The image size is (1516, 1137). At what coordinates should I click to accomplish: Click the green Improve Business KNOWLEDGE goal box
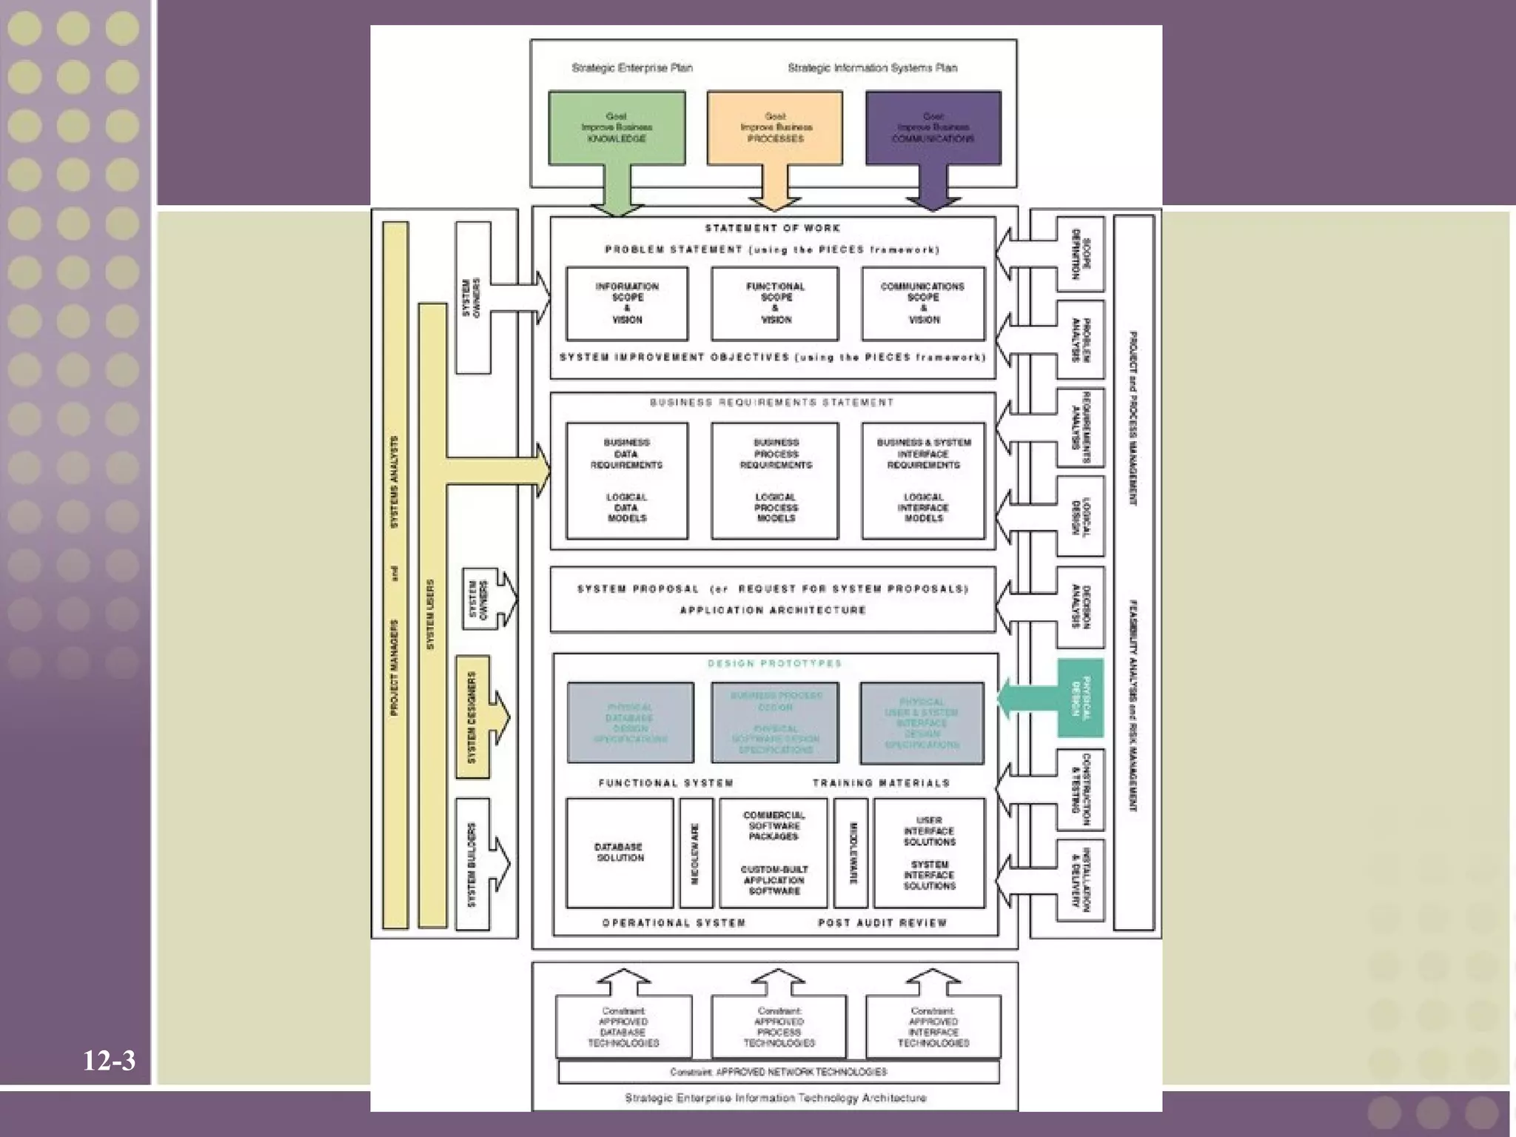pyautogui.click(x=617, y=127)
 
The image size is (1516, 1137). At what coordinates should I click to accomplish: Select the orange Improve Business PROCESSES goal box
pyautogui.click(x=775, y=127)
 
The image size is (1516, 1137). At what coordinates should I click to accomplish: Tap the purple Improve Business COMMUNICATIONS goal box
pyautogui.click(x=933, y=127)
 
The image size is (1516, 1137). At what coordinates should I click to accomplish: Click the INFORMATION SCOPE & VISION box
pyautogui.click(x=627, y=303)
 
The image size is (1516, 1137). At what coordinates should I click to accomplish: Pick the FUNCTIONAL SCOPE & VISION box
pyautogui.click(x=775, y=303)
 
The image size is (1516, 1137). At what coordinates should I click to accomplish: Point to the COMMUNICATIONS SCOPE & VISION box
pyautogui.click(x=923, y=303)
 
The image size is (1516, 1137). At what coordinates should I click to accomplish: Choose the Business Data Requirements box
pyautogui.click(x=627, y=480)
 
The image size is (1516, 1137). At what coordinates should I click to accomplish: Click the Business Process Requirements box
pyautogui.click(x=775, y=480)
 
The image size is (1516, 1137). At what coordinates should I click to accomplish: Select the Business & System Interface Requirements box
pyautogui.click(x=923, y=480)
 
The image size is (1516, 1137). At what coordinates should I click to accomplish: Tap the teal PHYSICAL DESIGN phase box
pyautogui.click(x=1080, y=698)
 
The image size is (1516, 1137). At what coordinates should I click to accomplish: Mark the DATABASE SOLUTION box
pyautogui.click(x=620, y=853)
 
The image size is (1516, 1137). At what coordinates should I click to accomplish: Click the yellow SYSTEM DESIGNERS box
pyautogui.click(x=473, y=717)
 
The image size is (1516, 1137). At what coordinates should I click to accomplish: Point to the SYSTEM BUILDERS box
pyautogui.click(x=473, y=864)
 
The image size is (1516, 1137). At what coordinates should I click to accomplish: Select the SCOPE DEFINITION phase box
pyautogui.click(x=1080, y=254)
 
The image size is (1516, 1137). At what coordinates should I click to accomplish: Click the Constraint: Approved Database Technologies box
pyautogui.click(x=624, y=1027)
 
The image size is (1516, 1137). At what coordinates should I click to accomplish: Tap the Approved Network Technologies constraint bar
pyautogui.click(x=778, y=1072)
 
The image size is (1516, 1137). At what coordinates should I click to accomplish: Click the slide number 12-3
pyautogui.click(x=109, y=1061)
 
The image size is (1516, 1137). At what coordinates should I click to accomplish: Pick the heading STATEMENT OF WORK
pyautogui.click(x=772, y=228)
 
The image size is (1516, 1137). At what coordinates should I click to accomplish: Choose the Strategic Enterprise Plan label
pyautogui.click(x=632, y=68)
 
